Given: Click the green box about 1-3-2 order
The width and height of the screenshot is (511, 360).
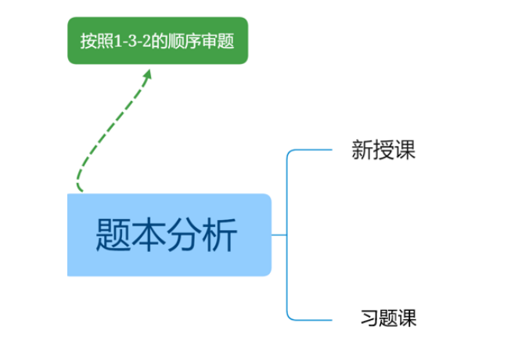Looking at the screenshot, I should click(x=157, y=41).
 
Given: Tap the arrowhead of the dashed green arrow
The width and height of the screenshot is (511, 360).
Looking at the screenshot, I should click(x=147, y=74).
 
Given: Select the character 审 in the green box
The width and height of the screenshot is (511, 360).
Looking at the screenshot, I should click(x=208, y=41).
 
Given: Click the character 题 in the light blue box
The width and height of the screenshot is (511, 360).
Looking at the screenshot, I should click(x=114, y=235).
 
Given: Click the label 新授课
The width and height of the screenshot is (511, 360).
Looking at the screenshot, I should click(x=383, y=150).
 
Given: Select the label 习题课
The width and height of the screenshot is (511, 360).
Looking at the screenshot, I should click(x=388, y=319).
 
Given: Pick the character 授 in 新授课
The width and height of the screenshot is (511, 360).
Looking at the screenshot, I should click(x=383, y=150).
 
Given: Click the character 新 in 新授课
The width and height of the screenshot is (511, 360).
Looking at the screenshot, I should click(x=362, y=150).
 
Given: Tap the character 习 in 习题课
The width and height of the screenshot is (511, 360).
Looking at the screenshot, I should click(x=369, y=319).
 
